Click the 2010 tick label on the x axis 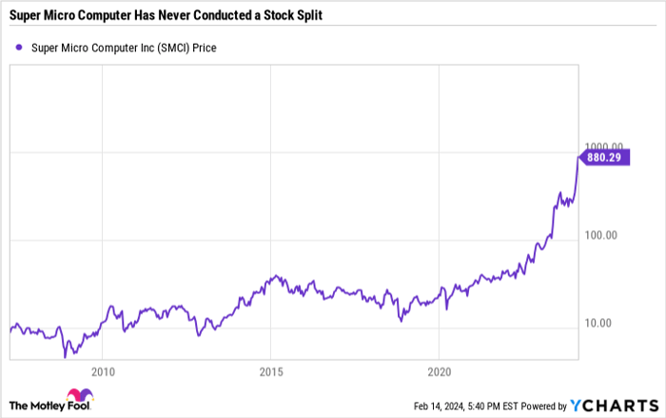coord(103,371)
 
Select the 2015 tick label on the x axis coord(270,371)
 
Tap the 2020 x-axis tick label coord(439,371)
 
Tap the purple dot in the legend coord(19,48)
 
